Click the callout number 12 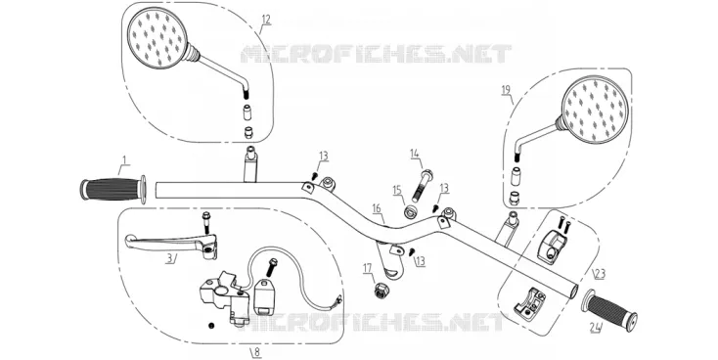266,20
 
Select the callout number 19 506,89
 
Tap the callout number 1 123,159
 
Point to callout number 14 415,154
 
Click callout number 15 396,189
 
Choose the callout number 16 377,208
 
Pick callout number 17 368,267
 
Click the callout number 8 256,352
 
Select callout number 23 600,274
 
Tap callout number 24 596,327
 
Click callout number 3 169,258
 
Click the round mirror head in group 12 157,39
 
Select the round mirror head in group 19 595,110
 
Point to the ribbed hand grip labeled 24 609,309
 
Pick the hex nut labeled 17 381,291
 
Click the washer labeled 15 410,212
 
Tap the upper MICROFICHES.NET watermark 376,54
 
